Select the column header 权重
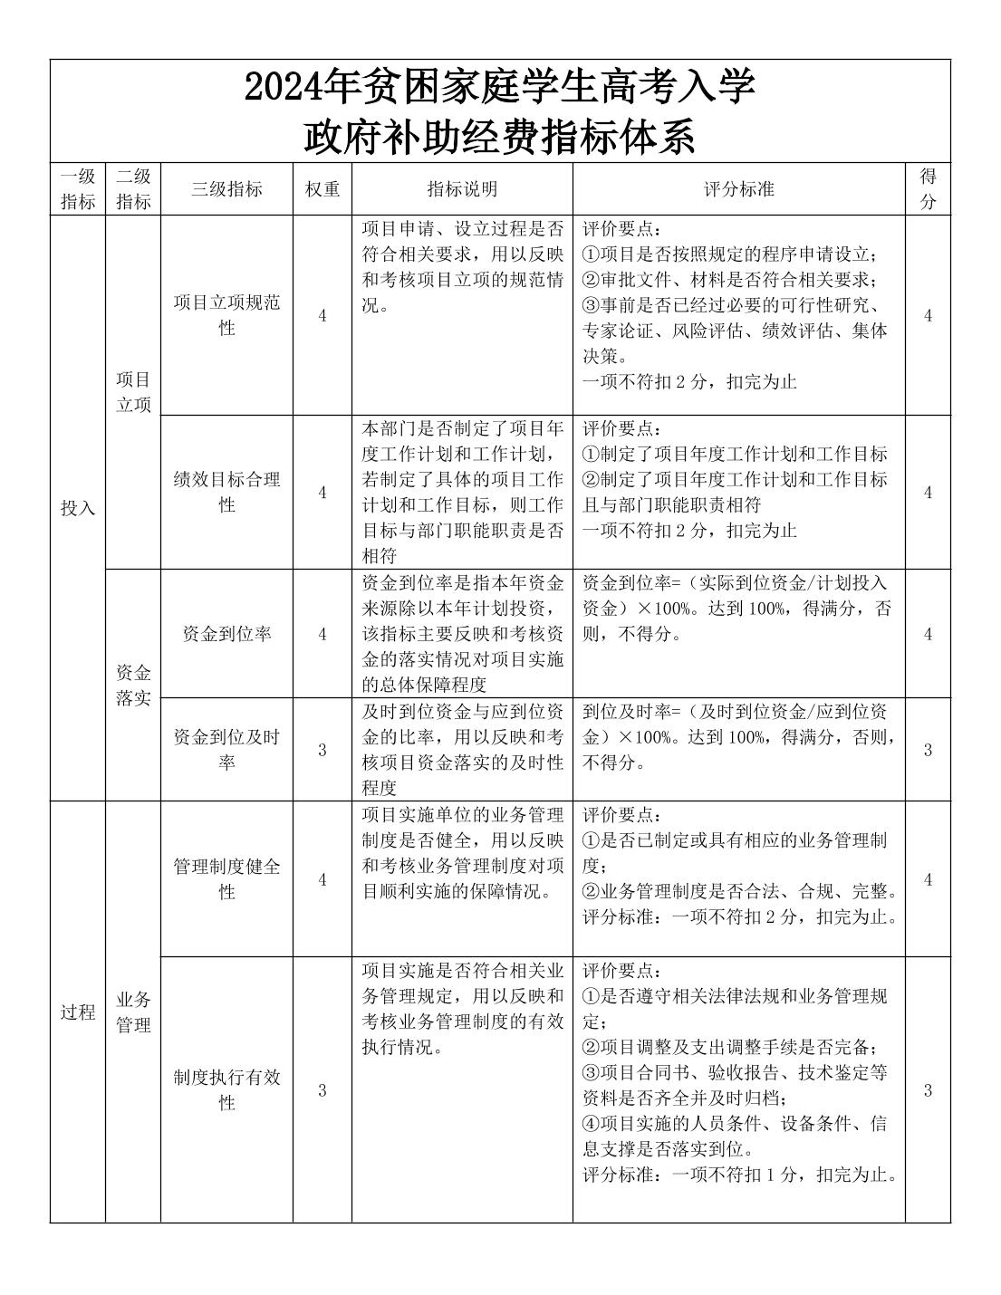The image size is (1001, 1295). click(322, 188)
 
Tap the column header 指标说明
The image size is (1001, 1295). click(462, 188)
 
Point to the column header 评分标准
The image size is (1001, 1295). click(738, 188)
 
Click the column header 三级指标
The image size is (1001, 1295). click(226, 188)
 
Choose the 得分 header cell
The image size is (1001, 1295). click(928, 188)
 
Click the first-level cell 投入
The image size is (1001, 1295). click(78, 508)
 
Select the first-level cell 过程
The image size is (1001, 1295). click(78, 1012)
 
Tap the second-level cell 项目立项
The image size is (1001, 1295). click(133, 391)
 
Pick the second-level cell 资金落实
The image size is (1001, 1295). click(133, 686)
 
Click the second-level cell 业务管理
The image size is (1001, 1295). click(133, 1012)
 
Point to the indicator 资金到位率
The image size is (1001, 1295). click(226, 634)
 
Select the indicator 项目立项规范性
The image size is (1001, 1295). click(226, 314)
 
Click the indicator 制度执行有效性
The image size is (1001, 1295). click(226, 1089)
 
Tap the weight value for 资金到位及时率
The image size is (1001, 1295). click(322, 750)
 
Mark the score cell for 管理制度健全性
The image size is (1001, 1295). click(928, 879)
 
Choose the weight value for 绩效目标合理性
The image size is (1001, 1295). click(322, 493)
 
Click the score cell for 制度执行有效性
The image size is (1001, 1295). click(928, 1090)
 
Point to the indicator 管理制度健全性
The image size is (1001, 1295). click(226, 878)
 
